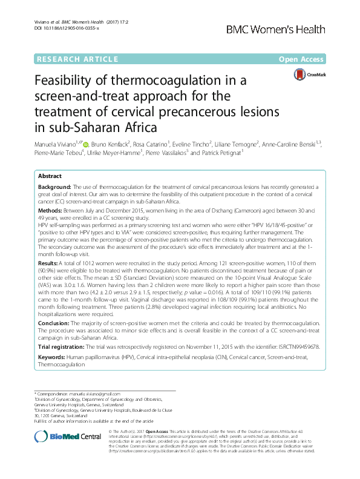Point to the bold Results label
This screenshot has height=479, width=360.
50,265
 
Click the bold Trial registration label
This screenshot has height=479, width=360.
61,348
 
